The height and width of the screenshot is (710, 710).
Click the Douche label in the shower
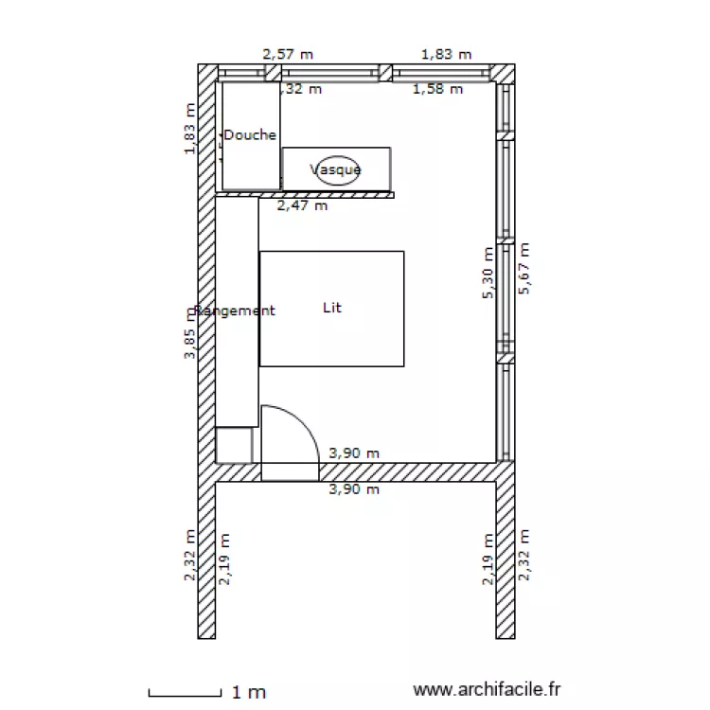[250, 135]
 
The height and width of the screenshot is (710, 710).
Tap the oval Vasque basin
[338, 169]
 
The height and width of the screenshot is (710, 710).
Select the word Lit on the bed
[331, 308]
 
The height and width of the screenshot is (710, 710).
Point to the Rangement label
[235, 311]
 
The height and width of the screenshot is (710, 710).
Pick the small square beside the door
[234, 444]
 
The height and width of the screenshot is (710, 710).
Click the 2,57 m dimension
[286, 54]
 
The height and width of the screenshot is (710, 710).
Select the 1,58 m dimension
[438, 89]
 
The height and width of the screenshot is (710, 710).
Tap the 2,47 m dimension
[302, 204]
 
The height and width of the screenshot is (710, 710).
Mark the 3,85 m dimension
[191, 333]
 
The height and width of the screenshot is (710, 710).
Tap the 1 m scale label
[249, 693]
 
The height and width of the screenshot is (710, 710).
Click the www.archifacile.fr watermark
[488, 692]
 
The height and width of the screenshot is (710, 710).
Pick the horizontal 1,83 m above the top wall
[446, 54]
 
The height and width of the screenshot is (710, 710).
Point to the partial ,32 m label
[302, 89]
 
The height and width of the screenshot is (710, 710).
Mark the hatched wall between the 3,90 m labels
[407, 471]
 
